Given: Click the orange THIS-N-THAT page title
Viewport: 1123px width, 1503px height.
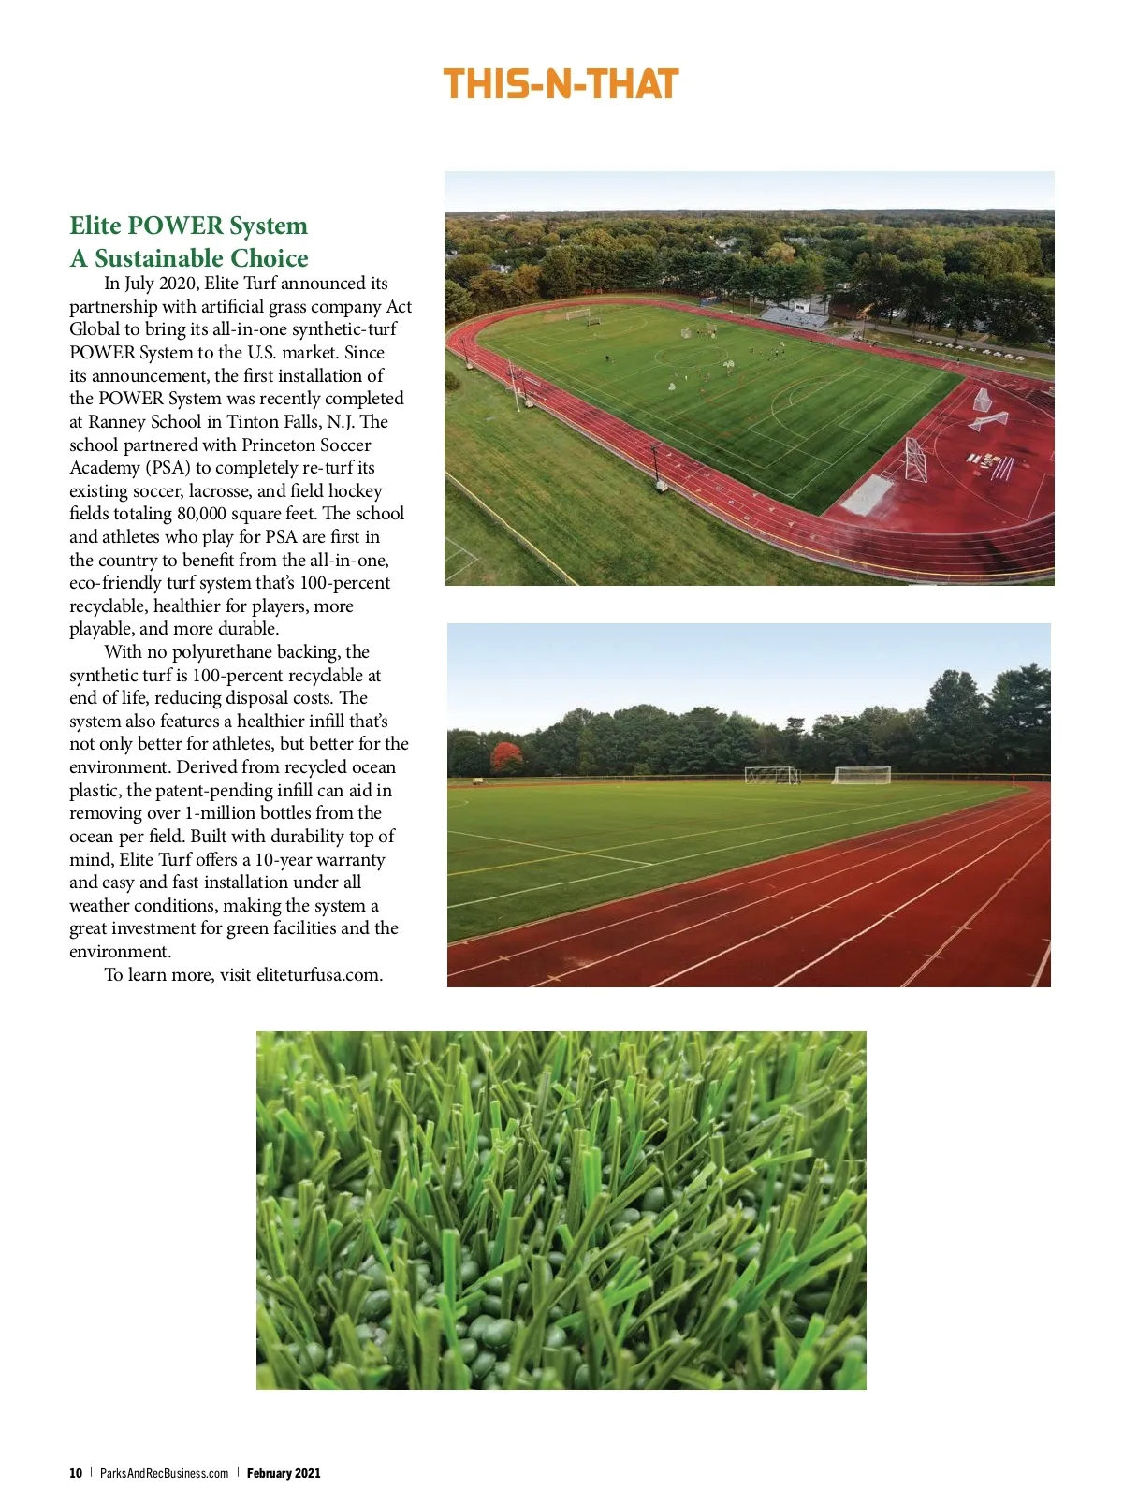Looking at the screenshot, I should click(x=561, y=85).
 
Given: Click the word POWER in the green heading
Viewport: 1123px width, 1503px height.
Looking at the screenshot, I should click(x=176, y=226).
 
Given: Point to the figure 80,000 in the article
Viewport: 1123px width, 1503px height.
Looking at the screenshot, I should click(x=206, y=514).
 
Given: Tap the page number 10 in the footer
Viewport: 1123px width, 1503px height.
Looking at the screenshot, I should click(x=76, y=1473).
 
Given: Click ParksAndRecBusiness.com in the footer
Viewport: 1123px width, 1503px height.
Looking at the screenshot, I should click(x=164, y=1473).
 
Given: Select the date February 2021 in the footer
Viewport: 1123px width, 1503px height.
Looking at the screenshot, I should click(x=284, y=1473).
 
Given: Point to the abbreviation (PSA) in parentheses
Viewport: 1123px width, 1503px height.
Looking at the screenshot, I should click(x=168, y=468).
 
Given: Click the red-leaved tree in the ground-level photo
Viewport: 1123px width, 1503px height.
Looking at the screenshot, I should click(x=506, y=756).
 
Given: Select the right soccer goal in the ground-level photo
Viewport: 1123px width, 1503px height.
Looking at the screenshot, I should click(x=862, y=775).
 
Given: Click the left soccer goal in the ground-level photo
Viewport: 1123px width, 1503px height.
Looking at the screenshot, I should click(x=773, y=775).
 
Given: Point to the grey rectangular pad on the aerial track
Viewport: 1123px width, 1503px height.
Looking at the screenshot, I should click(x=868, y=494).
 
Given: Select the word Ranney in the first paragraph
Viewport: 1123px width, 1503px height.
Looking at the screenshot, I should click(x=117, y=422).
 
